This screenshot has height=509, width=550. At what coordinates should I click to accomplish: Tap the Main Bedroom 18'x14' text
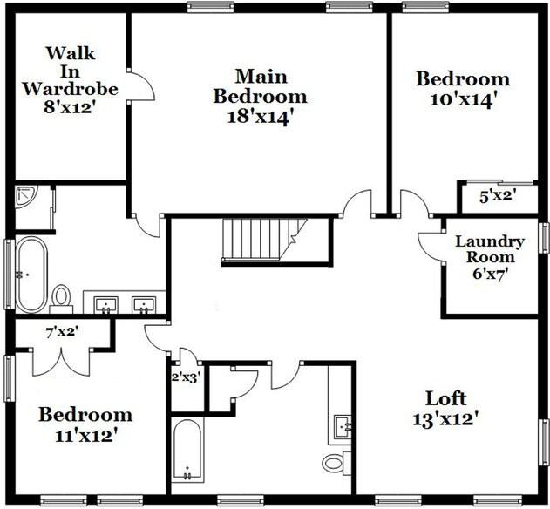click(x=260, y=96)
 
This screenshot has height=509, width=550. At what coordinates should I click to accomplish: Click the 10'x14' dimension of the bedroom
click(x=462, y=98)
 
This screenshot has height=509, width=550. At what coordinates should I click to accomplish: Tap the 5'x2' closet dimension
click(x=498, y=196)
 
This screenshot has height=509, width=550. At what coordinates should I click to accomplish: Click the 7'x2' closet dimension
click(x=62, y=331)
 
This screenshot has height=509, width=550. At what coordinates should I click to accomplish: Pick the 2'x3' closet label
click(x=185, y=377)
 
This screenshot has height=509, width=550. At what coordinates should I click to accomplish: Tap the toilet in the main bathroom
click(x=61, y=297)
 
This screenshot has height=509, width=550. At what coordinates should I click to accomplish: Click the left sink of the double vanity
click(x=105, y=304)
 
